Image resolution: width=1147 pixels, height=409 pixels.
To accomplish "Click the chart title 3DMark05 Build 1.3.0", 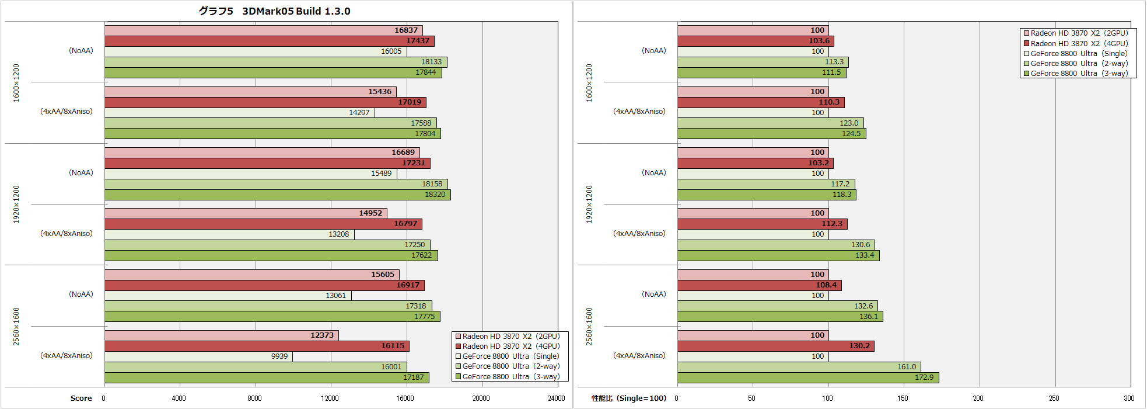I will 274,11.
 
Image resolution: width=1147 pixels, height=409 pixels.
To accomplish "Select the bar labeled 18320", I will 278,195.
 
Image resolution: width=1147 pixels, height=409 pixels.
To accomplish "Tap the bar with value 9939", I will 198,356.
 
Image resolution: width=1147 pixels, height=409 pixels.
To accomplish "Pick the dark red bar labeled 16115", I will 257,346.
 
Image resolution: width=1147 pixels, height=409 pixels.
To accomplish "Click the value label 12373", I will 322,335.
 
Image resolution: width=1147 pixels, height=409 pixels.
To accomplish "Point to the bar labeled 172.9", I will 808,377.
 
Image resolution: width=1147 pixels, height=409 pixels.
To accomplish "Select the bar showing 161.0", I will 799,367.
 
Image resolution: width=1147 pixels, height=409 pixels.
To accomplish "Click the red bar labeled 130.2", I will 776,346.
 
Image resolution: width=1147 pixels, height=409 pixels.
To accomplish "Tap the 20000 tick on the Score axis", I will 481,398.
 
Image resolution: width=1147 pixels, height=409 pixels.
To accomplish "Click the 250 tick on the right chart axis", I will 1054,398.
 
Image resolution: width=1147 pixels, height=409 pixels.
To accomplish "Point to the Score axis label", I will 81,398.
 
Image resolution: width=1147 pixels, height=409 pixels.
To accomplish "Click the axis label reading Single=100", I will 629,398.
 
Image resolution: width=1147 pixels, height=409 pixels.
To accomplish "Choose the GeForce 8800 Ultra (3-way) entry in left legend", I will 510,377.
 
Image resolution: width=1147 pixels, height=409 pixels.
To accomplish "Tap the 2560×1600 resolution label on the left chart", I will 16,326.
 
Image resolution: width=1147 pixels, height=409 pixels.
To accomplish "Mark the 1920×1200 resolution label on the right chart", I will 589,204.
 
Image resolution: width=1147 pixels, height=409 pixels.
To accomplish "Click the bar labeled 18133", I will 276,62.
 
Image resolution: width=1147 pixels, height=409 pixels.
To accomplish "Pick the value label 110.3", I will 828,102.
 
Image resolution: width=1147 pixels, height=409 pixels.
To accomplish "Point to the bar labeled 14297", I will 240,113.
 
